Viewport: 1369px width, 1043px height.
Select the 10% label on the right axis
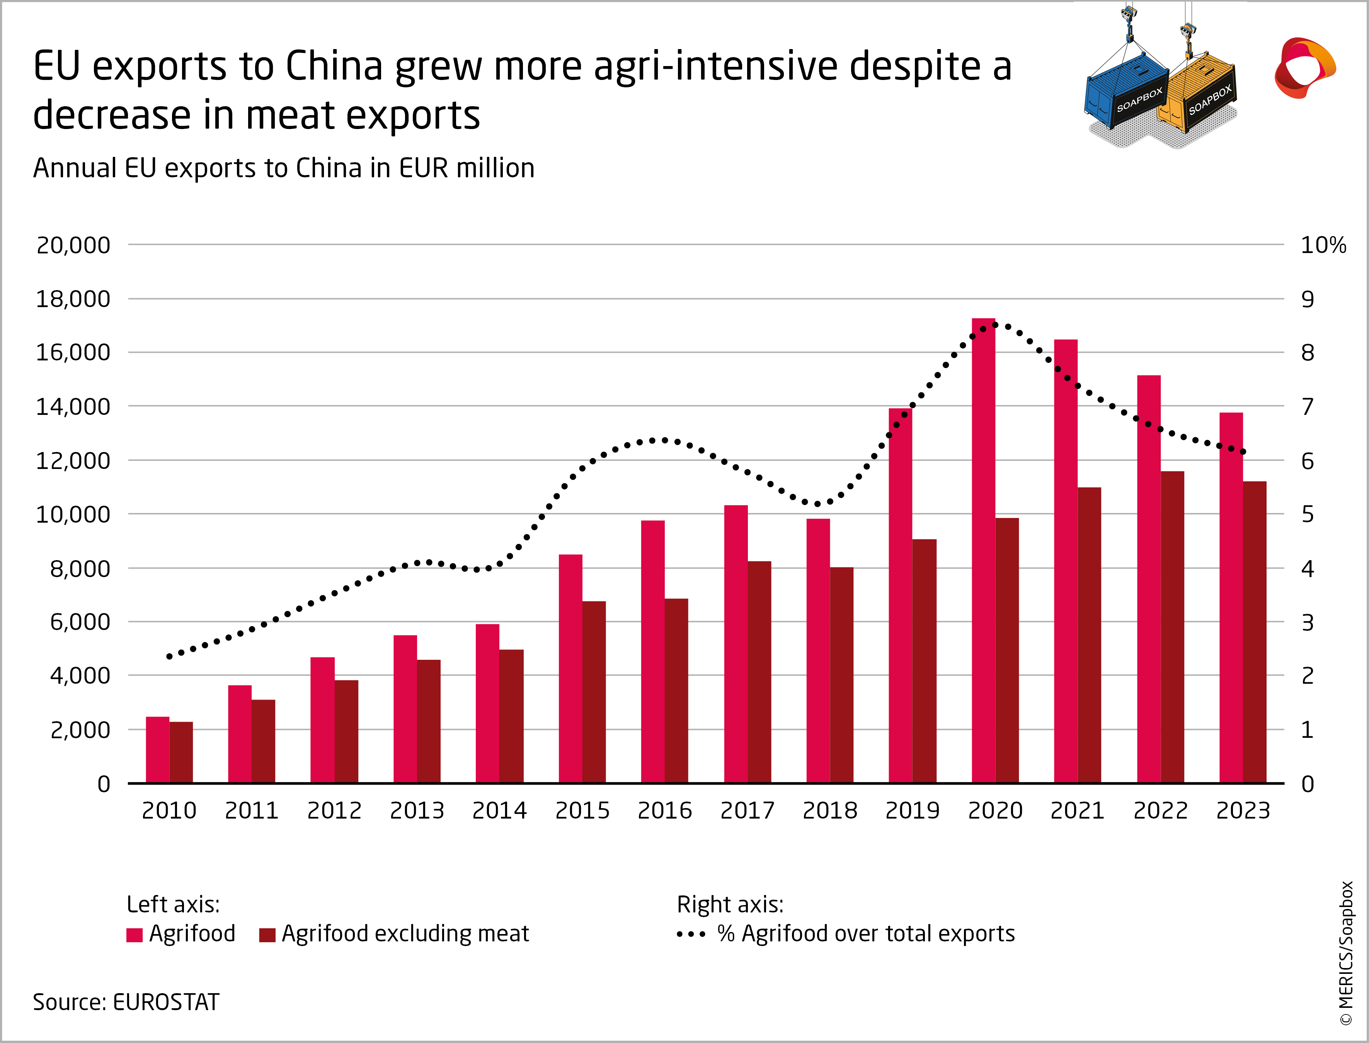pos(1323,245)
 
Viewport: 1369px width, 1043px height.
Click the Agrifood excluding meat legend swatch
pos(267,935)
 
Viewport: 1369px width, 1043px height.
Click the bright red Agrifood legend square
pos(134,935)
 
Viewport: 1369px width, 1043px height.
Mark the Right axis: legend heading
pos(730,905)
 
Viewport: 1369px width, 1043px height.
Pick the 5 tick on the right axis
pos(1308,515)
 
